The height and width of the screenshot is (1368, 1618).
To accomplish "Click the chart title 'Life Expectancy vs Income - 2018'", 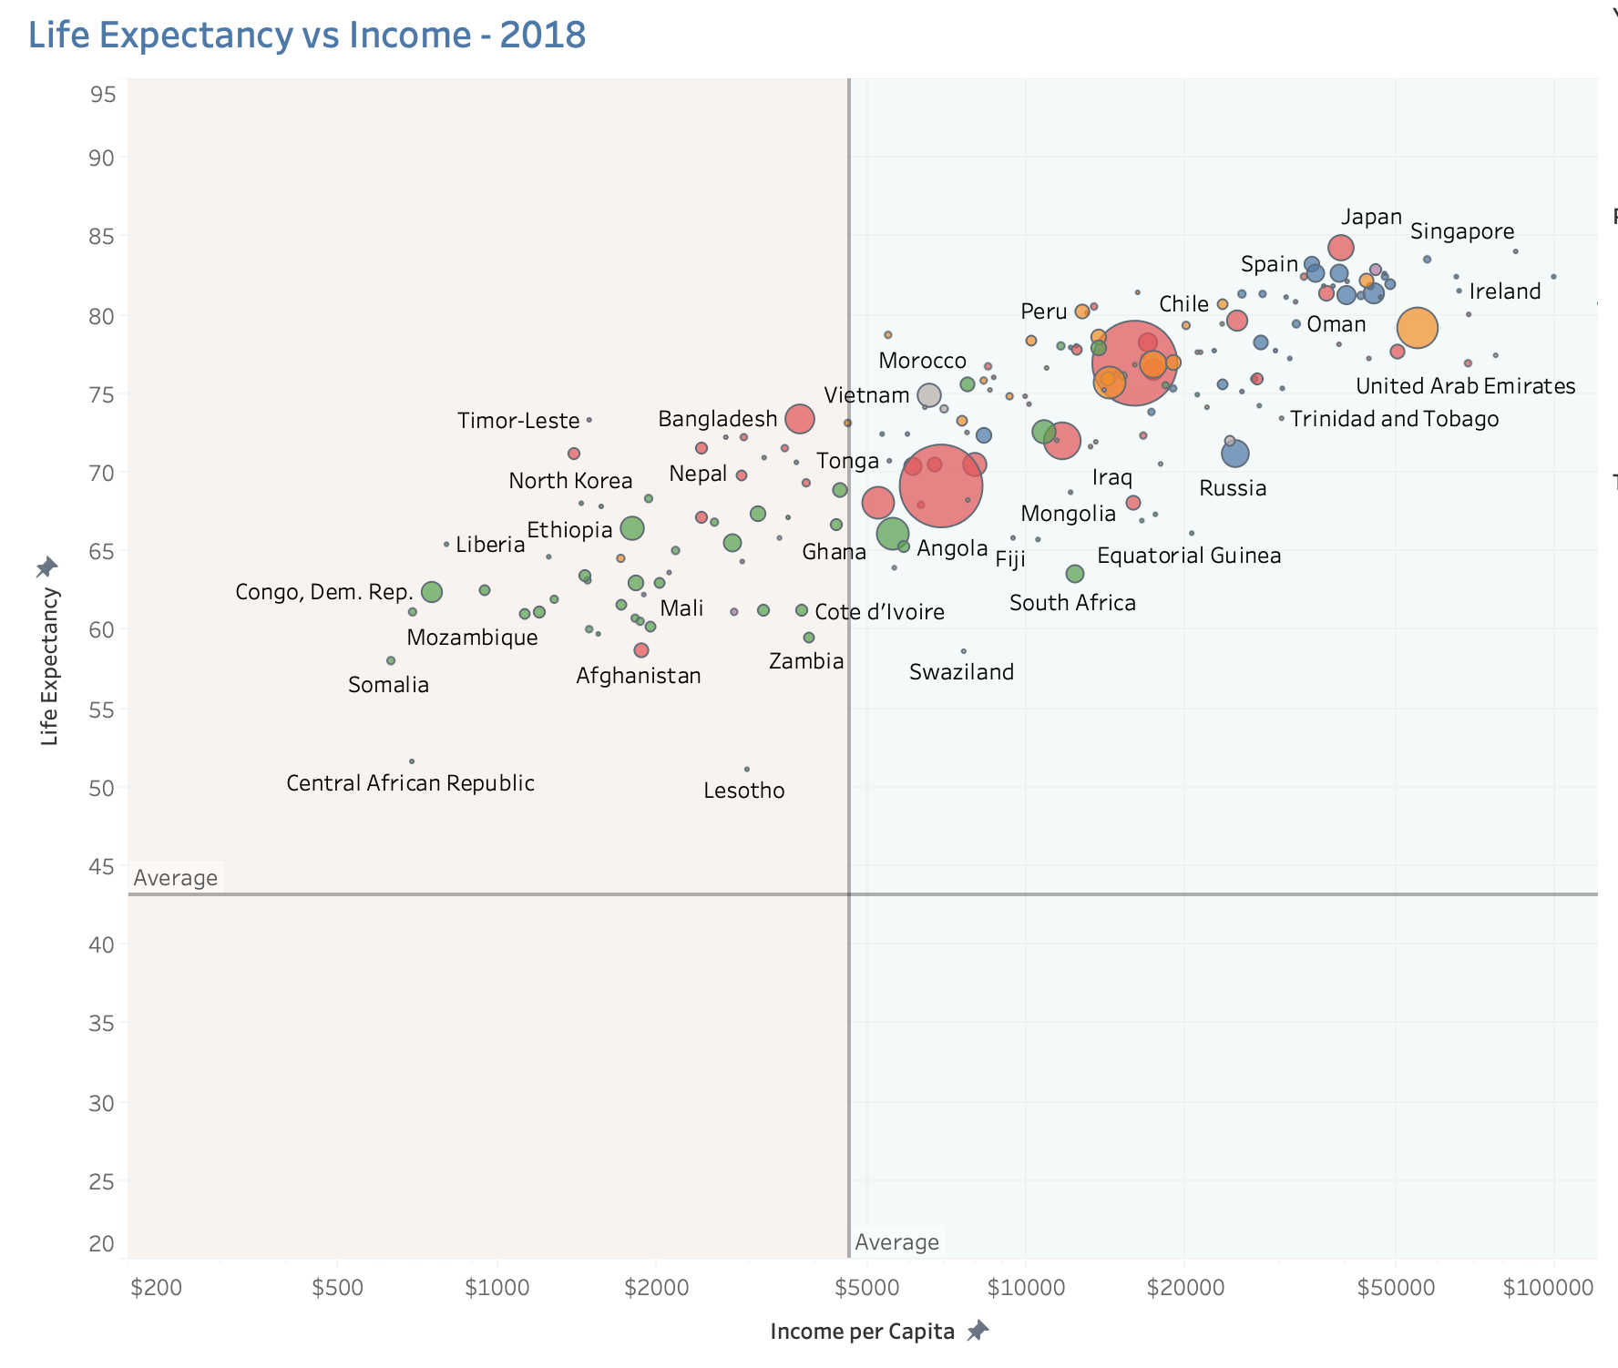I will [307, 36].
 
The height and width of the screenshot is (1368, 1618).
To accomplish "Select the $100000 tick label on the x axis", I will [1548, 1288].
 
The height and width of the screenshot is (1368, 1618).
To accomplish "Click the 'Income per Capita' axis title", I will [862, 1332].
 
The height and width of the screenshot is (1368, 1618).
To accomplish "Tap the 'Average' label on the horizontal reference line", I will [176, 878].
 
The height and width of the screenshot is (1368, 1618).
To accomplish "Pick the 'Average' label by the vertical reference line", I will [896, 1242].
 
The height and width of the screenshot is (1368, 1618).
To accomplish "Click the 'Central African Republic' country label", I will [410, 783].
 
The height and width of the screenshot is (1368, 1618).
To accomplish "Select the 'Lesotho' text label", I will [743, 791].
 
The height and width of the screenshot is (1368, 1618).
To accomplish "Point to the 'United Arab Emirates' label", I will [1465, 386].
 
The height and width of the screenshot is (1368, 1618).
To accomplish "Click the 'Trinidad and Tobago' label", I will [1394, 419].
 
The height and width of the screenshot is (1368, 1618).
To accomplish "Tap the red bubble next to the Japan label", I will [1340, 248].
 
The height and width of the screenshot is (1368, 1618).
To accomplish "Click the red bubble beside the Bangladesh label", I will [799, 419].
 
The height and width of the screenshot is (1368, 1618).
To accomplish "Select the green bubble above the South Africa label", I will [1075, 574].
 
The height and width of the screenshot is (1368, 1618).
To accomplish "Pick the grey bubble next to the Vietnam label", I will [928, 395].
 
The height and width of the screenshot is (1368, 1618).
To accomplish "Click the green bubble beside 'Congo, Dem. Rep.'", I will [432, 592].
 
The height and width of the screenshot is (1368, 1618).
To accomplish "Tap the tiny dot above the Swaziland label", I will [963, 651].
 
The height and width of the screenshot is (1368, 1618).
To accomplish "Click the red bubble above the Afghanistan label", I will [641, 650].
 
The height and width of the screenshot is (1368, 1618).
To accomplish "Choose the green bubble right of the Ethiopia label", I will [632, 528].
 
